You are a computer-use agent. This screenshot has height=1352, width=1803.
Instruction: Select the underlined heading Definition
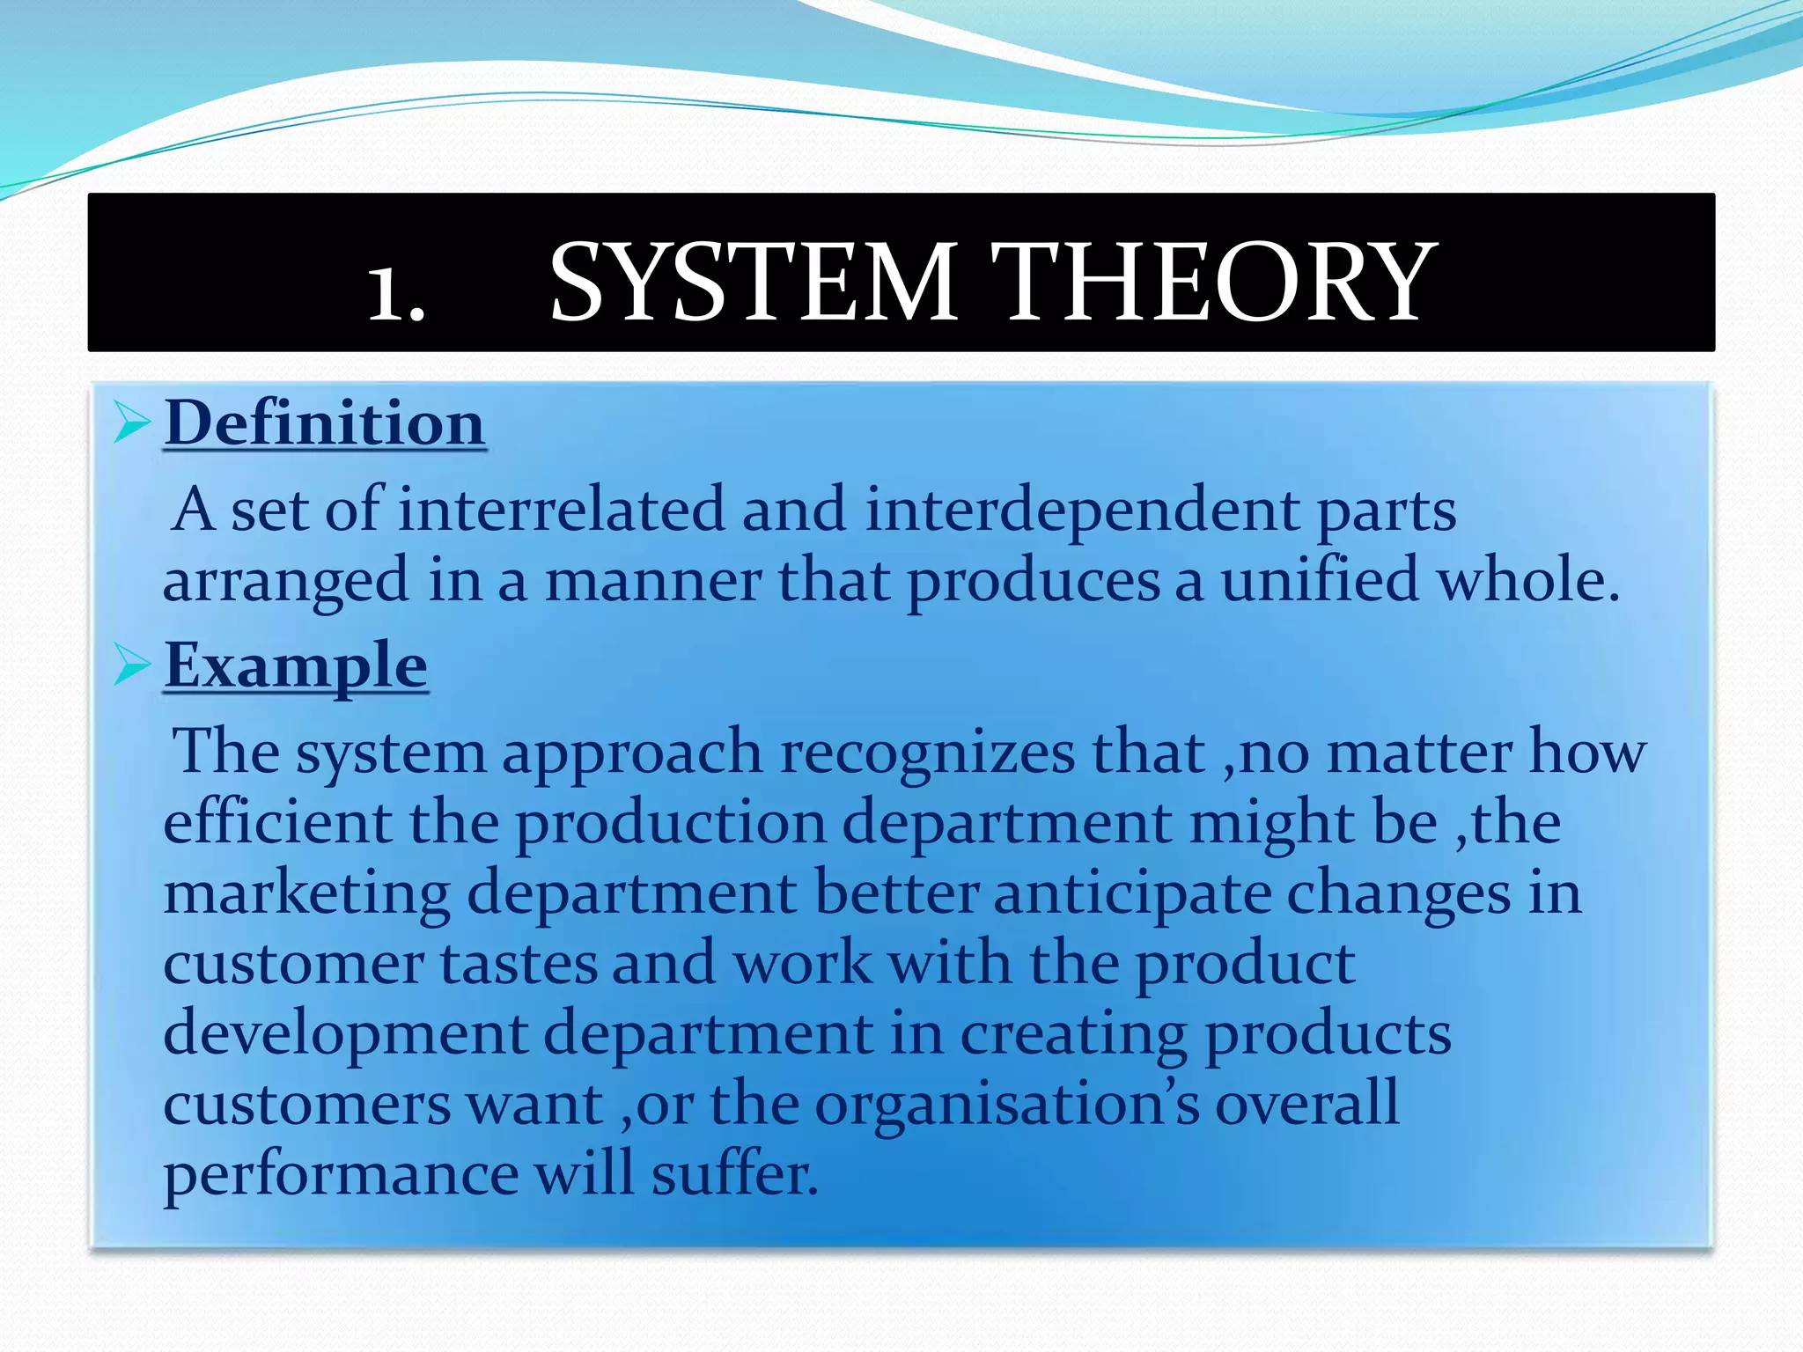325,423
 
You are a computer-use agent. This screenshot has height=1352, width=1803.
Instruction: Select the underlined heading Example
296,665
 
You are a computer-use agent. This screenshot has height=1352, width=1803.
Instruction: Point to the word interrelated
561,510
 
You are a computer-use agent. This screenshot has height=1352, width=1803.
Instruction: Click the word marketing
306,893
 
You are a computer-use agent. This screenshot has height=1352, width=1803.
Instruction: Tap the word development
346,1034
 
